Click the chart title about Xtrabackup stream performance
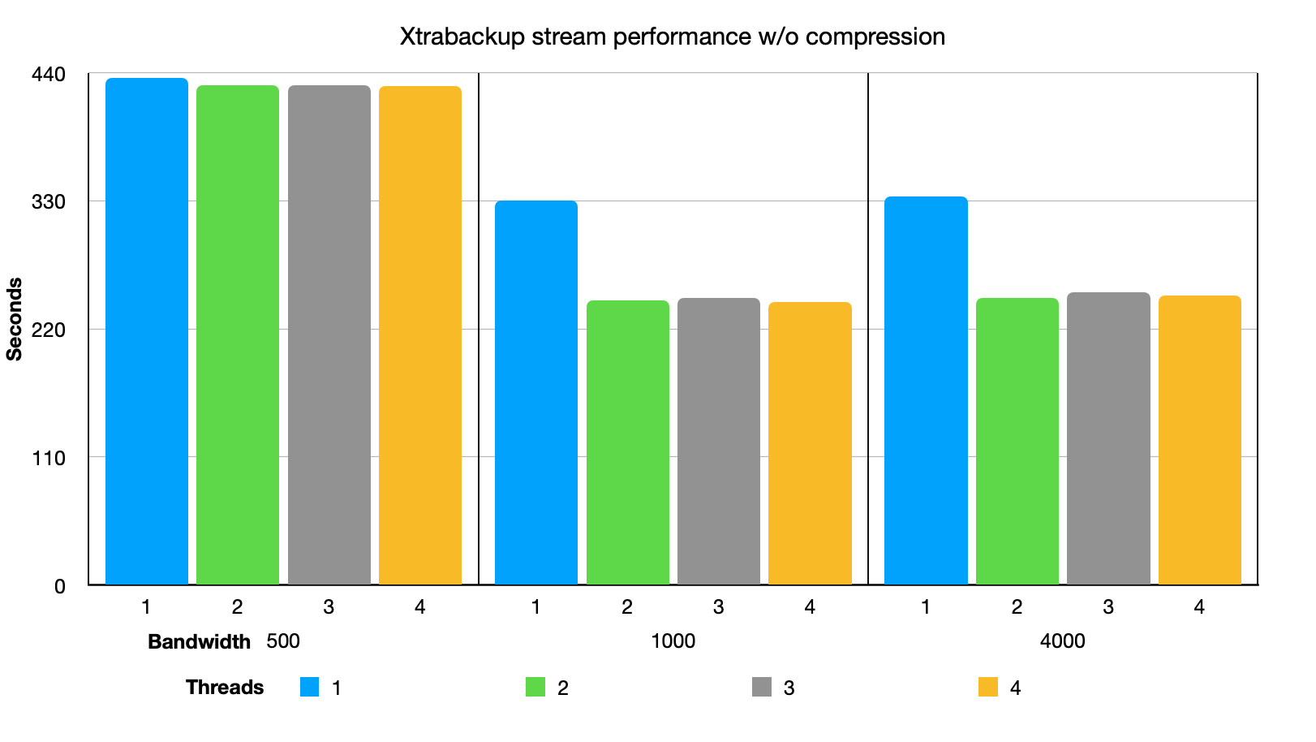point(672,37)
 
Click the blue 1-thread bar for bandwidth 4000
point(926,390)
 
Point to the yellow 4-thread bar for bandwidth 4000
point(1199,440)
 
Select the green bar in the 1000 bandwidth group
point(628,442)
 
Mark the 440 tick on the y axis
point(48,75)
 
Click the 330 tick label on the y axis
point(48,201)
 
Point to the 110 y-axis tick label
point(48,458)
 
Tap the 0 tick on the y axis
point(59,586)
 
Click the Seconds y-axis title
point(15,318)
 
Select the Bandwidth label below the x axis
point(199,641)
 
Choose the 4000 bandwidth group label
point(1062,641)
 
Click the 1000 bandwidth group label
point(673,641)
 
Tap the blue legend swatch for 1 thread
point(309,687)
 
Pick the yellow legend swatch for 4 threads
point(988,687)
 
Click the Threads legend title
point(225,687)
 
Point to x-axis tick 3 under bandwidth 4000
point(1108,606)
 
